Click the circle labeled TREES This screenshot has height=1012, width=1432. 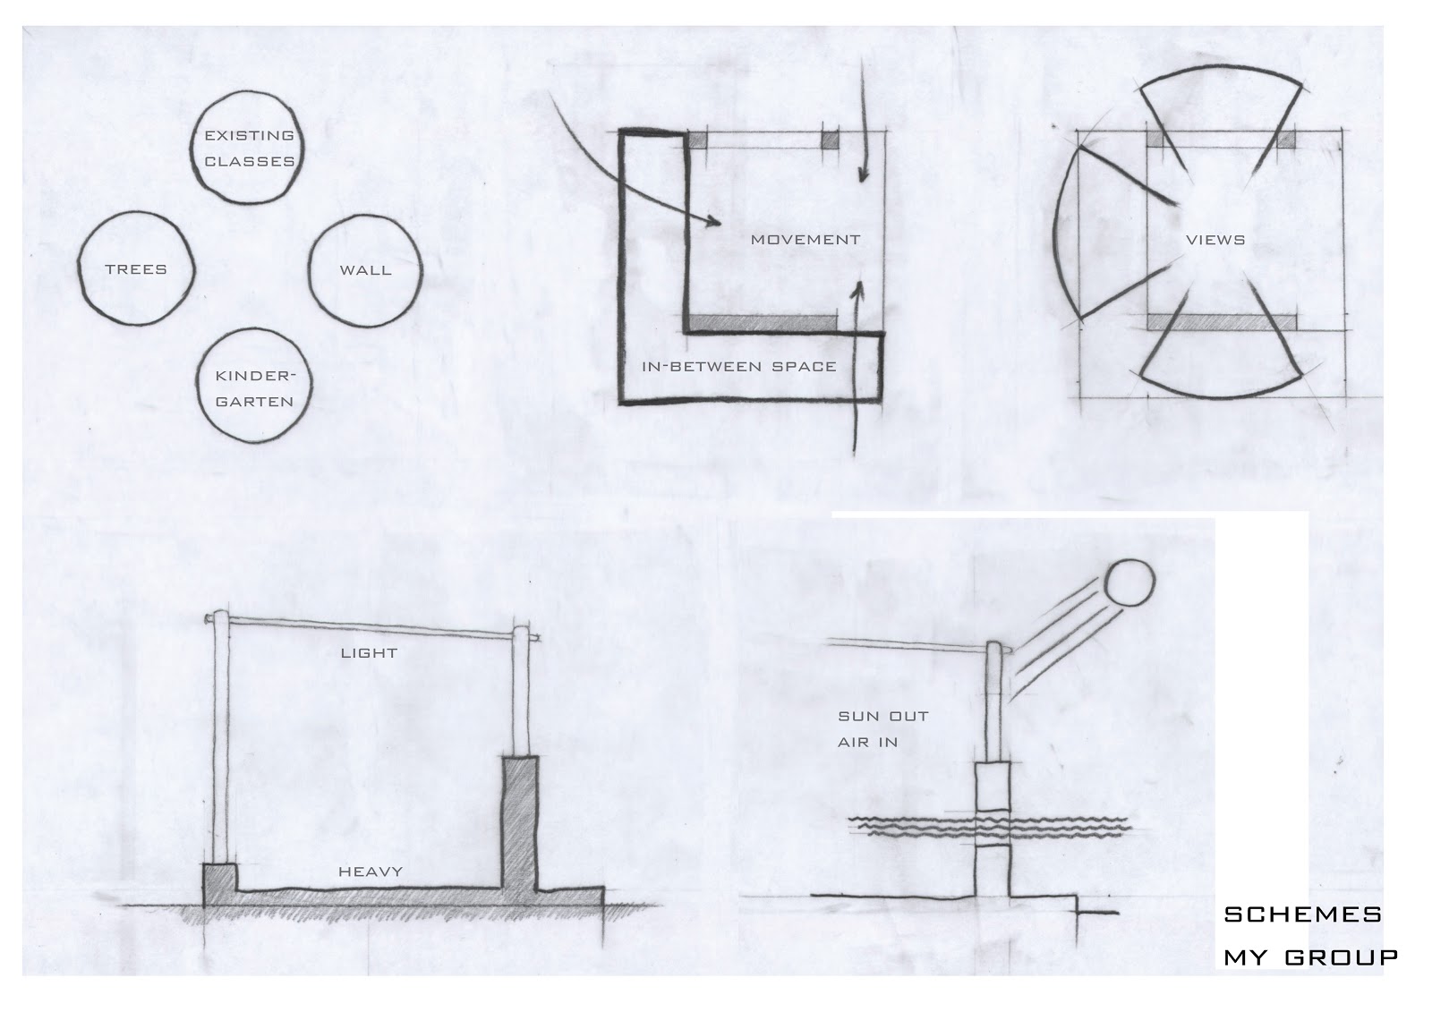pyautogui.click(x=79, y=268)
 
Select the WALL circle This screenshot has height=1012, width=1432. pyautogui.click(x=309, y=270)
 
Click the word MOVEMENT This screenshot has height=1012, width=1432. pyautogui.click(x=805, y=240)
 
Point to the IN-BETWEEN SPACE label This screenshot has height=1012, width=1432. pyautogui.click(x=739, y=367)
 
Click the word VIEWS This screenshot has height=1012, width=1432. pyautogui.click(x=1215, y=240)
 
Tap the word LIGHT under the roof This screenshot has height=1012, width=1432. pyautogui.click(x=369, y=652)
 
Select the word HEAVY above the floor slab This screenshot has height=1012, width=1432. pyautogui.click(x=371, y=872)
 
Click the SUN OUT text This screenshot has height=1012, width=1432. pyautogui.click(x=882, y=716)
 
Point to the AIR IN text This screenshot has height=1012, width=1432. pyautogui.click(x=867, y=742)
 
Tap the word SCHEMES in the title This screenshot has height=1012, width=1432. pyautogui.click(x=1303, y=914)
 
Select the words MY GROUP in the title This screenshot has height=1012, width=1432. pyautogui.click(x=1310, y=957)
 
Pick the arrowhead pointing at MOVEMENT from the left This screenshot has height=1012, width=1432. pyautogui.click(x=715, y=221)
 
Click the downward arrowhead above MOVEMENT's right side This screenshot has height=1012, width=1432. pyautogui.click(x=863, y=174)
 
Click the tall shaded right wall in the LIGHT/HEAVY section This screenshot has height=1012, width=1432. pyautogui.click(x=520, y=825)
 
